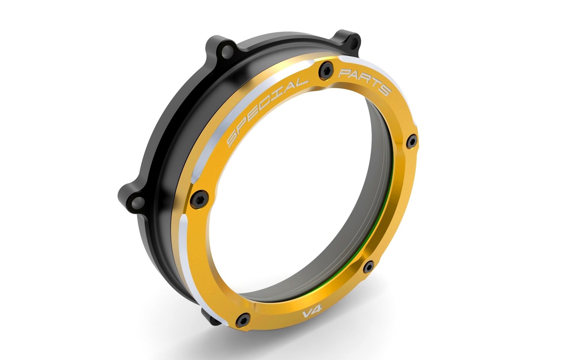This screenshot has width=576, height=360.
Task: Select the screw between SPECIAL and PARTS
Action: [x=325, y=68]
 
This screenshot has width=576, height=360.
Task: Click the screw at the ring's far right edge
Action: [x=411, y=142]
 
